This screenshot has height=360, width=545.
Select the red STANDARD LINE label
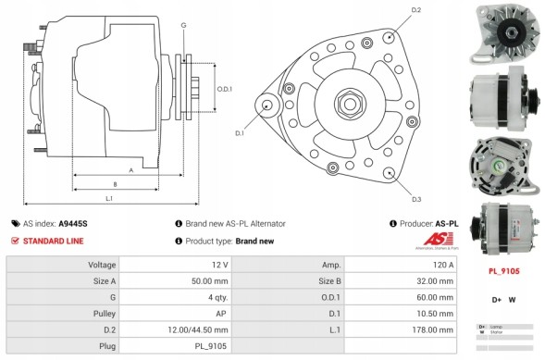54,241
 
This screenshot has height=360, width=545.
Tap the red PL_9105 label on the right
503,272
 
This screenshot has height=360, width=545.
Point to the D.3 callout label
415,199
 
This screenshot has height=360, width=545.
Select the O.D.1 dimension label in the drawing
224,89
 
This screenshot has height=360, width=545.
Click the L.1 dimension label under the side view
109,199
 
